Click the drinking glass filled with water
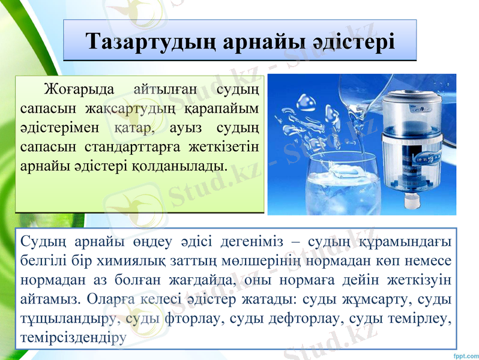point(342,180)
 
